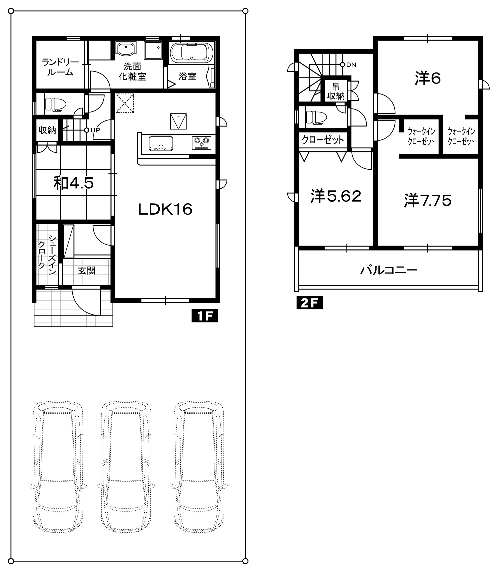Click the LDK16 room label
pos(165,209)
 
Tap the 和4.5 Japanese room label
pos(73,183)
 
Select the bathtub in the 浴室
pos(191,53)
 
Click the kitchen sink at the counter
pos(161,143)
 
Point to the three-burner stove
pos(202,143)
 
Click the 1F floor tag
pos(204,316)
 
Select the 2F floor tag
pos(310,303)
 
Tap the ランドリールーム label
pos(60,67)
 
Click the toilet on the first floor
pos(55,104)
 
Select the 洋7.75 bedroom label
pos(428,201)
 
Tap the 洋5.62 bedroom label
pos(336,196)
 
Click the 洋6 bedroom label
pos(428,78)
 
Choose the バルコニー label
pos(388,270)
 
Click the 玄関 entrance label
pos(87,271)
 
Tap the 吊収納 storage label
pos(336,92)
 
